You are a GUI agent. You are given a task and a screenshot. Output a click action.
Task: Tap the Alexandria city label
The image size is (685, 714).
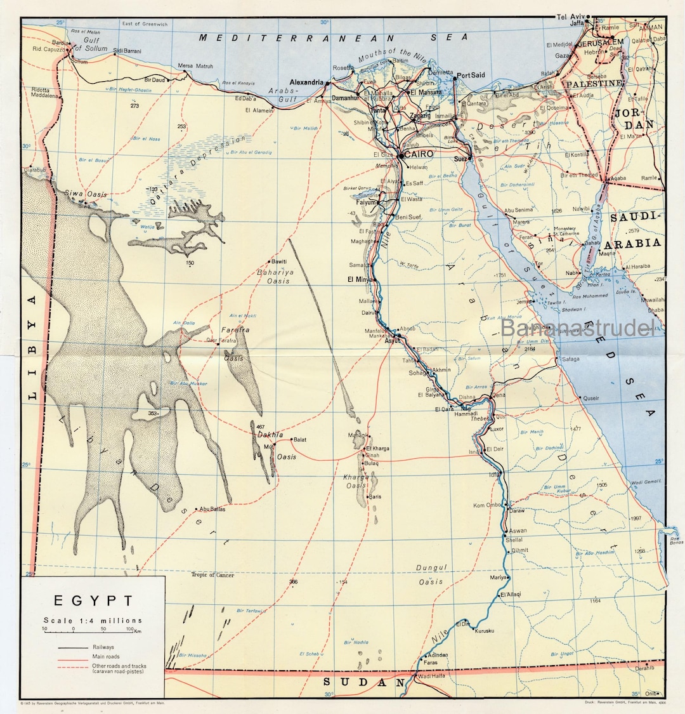307,83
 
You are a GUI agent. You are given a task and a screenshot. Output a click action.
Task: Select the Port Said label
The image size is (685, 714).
471,75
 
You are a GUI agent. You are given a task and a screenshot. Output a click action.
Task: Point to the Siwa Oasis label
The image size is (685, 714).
85,194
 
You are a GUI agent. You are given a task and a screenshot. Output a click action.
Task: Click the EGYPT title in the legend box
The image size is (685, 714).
93,600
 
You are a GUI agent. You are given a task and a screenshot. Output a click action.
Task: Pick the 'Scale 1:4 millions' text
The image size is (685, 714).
93,620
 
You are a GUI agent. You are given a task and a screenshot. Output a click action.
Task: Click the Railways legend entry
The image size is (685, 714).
103,647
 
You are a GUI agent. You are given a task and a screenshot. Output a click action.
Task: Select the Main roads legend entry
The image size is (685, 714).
105,656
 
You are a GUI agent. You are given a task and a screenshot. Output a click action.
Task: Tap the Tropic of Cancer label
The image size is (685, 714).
212,575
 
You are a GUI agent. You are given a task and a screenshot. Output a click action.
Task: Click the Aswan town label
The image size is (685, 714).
518,531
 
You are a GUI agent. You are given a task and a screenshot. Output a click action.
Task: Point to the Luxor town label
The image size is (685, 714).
497,429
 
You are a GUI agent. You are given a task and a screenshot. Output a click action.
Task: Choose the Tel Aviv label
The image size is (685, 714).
570,16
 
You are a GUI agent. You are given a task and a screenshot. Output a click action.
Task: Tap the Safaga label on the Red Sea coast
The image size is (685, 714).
570,359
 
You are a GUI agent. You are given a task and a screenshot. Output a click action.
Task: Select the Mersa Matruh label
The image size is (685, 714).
195,66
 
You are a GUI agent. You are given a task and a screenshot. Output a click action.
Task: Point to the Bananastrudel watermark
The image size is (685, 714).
577,328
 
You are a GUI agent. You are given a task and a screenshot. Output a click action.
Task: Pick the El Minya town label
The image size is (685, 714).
359,279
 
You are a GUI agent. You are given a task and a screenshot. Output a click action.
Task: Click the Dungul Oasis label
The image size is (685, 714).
431,574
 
